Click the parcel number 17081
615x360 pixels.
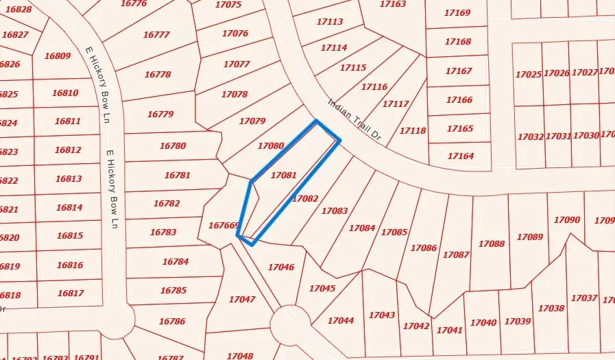pyautogui.click(x=284, y=175)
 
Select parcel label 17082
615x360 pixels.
pyautogui.click(x=305, y=198)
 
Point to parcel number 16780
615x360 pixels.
pyautogui.click(x=172, y=145)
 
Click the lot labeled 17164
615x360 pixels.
pyautogui.click(x=461, y=156)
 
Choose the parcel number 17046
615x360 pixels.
pyautogui.click(x=281, y=267)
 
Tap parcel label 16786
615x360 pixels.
pyautogui.click(x=172, y=321)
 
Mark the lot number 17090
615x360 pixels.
pyautogui.click(x=567, y=219)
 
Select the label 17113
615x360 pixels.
pyautogui.click(x=330, y=22)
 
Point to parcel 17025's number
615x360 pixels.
pyautogui.click(x=528, y=74)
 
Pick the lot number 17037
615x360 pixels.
pyautogui.click(x=584, y=298)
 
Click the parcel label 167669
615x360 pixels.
pyautogui.click(x=223, y=225)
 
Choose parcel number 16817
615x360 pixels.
pyautogui.click(x=70, y=293)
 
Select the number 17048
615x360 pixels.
pyautogui.click(x=240, y=356)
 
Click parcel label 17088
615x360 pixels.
pyautogui.click(x=492, y=243)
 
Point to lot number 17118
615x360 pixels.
pyautogui.click(x=413, y=130)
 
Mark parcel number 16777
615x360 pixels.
pyautogui.click(x=156, y=34)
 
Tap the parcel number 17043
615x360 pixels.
pyautogui.click(x=382, y=315)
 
